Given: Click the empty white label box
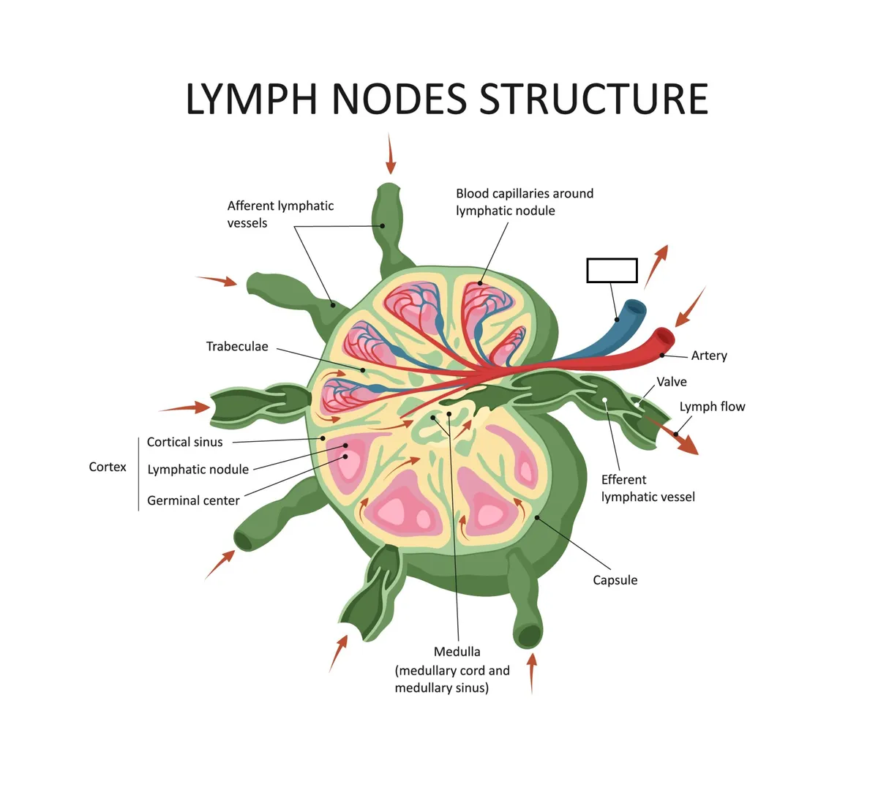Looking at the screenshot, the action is [x=612, y=271].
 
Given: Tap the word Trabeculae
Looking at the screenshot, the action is [x=237, y=347].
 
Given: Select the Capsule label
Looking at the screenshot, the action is [x=615, y=580].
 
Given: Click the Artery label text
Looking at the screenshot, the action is [x=709, y=356].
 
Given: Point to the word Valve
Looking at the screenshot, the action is [x=672, y=382].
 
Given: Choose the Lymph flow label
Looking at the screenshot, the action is [x=712, y=407].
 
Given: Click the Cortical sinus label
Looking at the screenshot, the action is [x=184, y=442].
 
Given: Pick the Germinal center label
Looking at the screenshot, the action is [x=193, y=500].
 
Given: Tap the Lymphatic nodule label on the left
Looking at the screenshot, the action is [x=198, y=470].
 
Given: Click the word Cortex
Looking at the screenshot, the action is [x=108, y=467].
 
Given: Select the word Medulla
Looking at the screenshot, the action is [x=457, y=652].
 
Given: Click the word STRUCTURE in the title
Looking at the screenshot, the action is [x=593, y=99].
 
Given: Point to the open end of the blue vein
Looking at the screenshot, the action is [x=635, y=310].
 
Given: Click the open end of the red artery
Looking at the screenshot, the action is [x=664, y=338].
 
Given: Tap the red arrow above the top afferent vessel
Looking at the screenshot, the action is [x=391, y=154].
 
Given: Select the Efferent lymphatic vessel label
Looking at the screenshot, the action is [x=648, y=489].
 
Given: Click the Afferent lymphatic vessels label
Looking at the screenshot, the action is [x=280, y=214].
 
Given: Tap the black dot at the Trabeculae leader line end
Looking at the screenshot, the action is [x=363, y=370].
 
